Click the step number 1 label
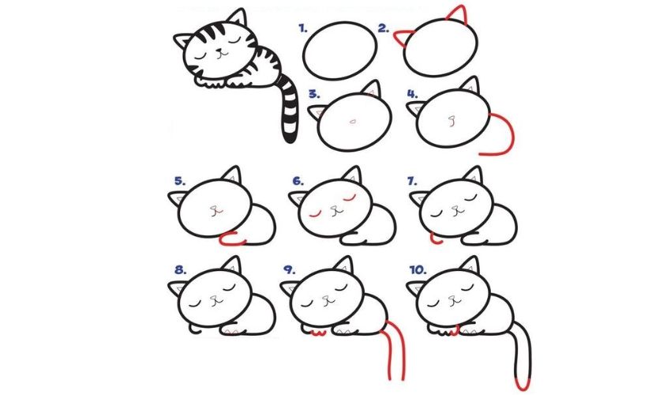(302, 29)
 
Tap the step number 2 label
(383, 29)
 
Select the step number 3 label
(314, 94)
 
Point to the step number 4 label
(411, 93)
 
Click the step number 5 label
(179, 181)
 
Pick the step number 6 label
(297, 181)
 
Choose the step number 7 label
(411, 181)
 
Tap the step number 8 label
(180, 269)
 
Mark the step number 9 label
(289, 269)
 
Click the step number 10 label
(418, 269)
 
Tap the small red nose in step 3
(353, 121)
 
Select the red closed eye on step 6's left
(316, 213)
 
